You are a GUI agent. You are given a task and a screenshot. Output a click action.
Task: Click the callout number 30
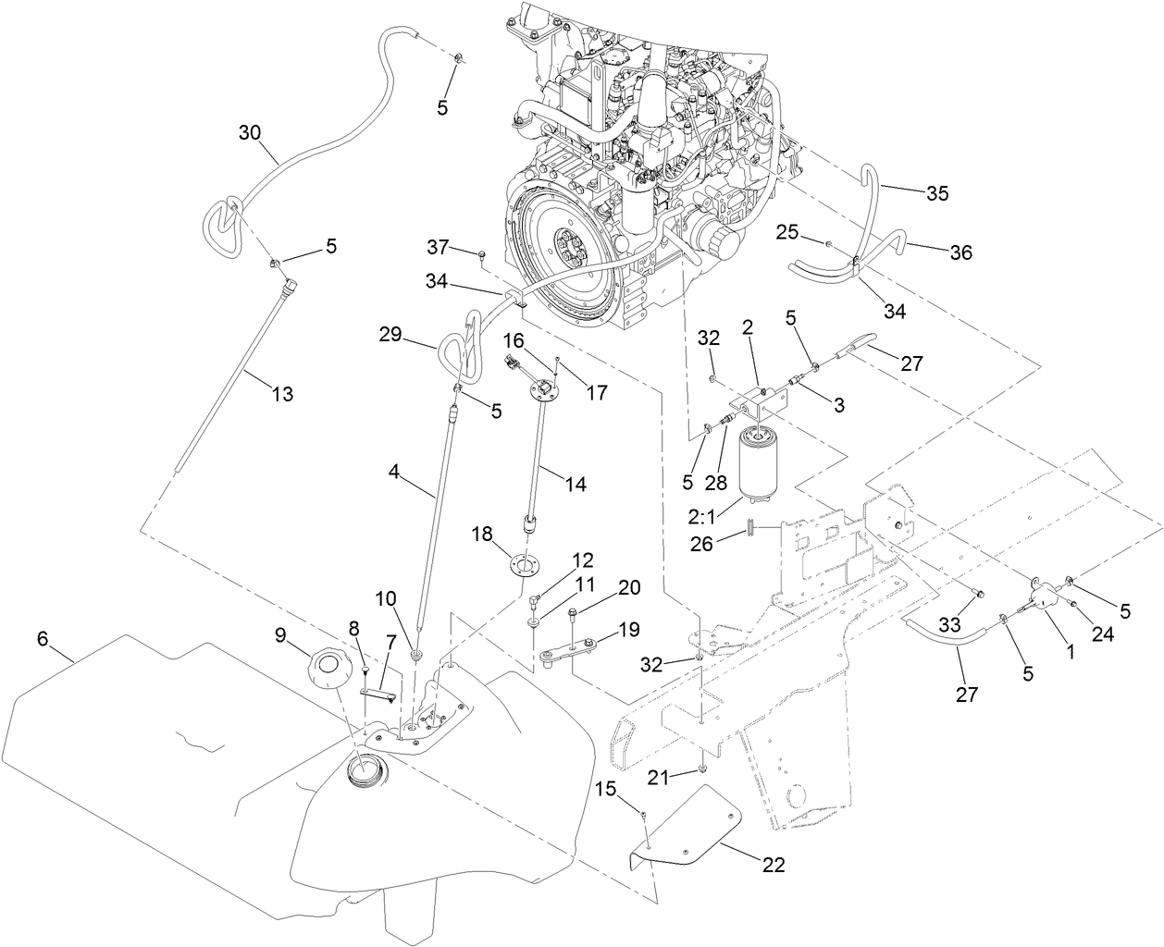tap(250, 132)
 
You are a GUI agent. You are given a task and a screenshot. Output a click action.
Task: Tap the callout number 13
tap(282, 395)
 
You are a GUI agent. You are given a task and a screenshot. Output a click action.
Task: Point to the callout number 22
tap(774, 866)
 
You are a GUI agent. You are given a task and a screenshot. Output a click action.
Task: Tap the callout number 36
tap(960, 252)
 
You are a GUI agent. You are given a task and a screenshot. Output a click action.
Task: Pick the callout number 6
tap(43, 638)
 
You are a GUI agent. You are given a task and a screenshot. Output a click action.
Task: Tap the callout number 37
tap(438, 247)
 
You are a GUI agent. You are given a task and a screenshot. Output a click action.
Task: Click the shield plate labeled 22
tap(694, 828)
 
